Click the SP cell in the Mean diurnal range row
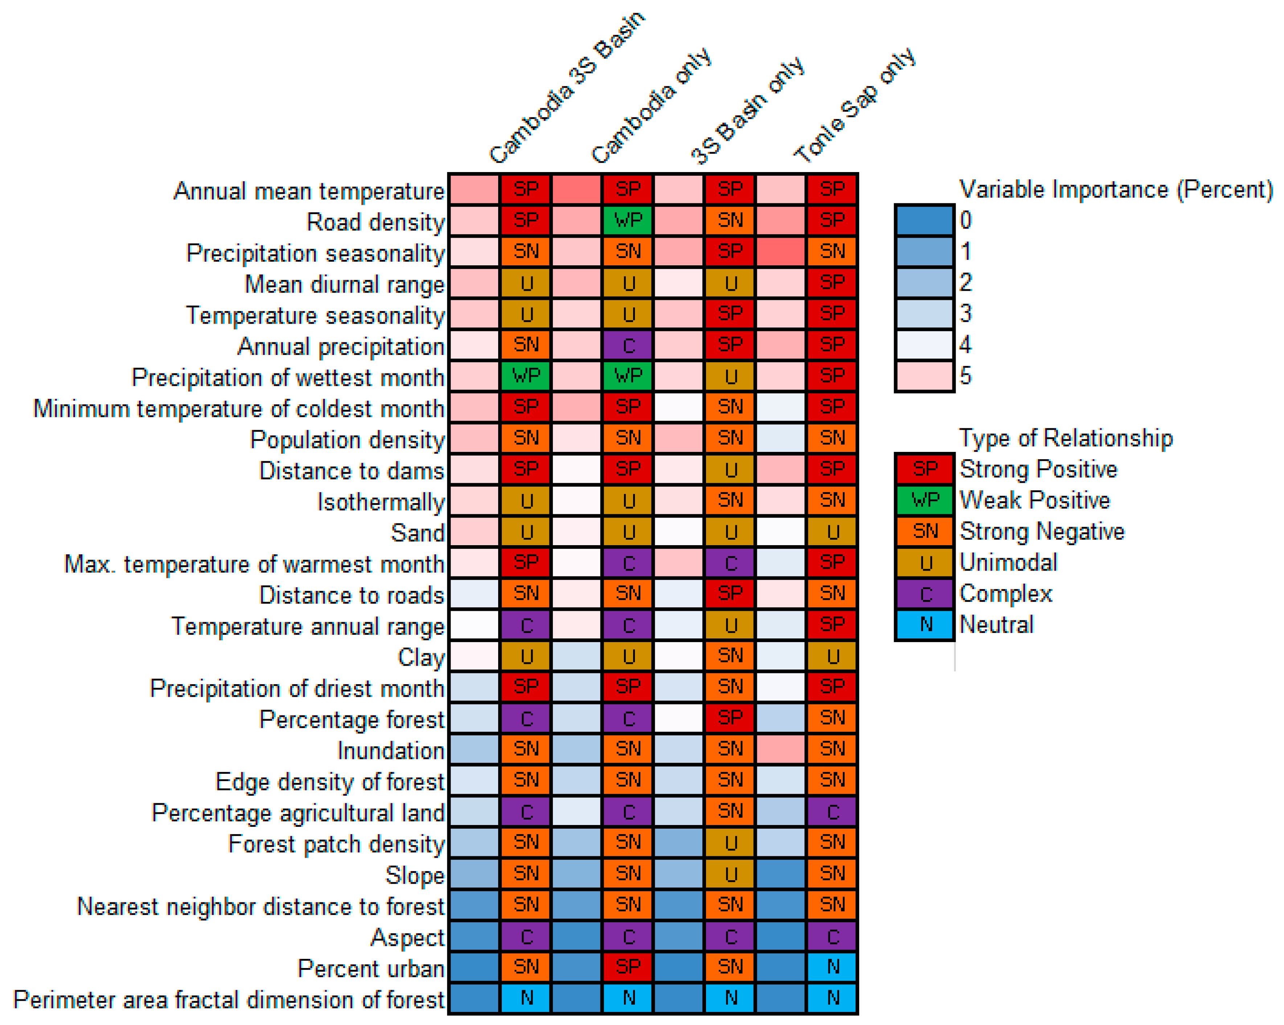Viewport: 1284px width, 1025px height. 832,282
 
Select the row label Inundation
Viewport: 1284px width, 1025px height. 391,750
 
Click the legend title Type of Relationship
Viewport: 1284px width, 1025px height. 1066,438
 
